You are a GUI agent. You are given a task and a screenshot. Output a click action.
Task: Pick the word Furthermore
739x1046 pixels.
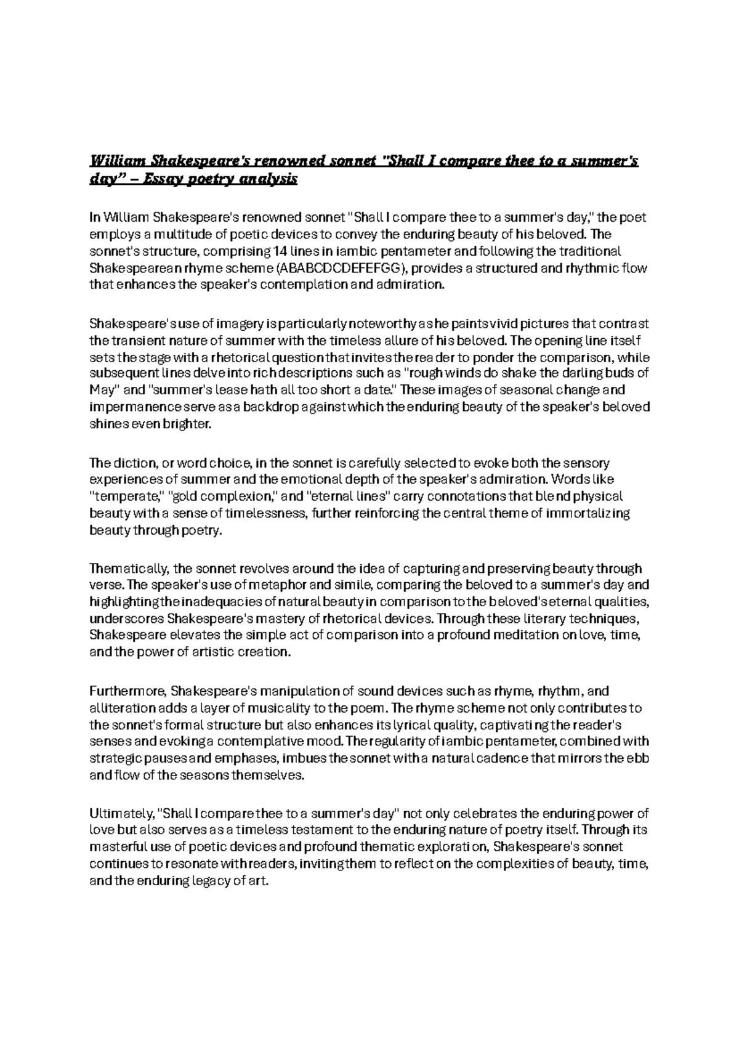pos(127,691)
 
